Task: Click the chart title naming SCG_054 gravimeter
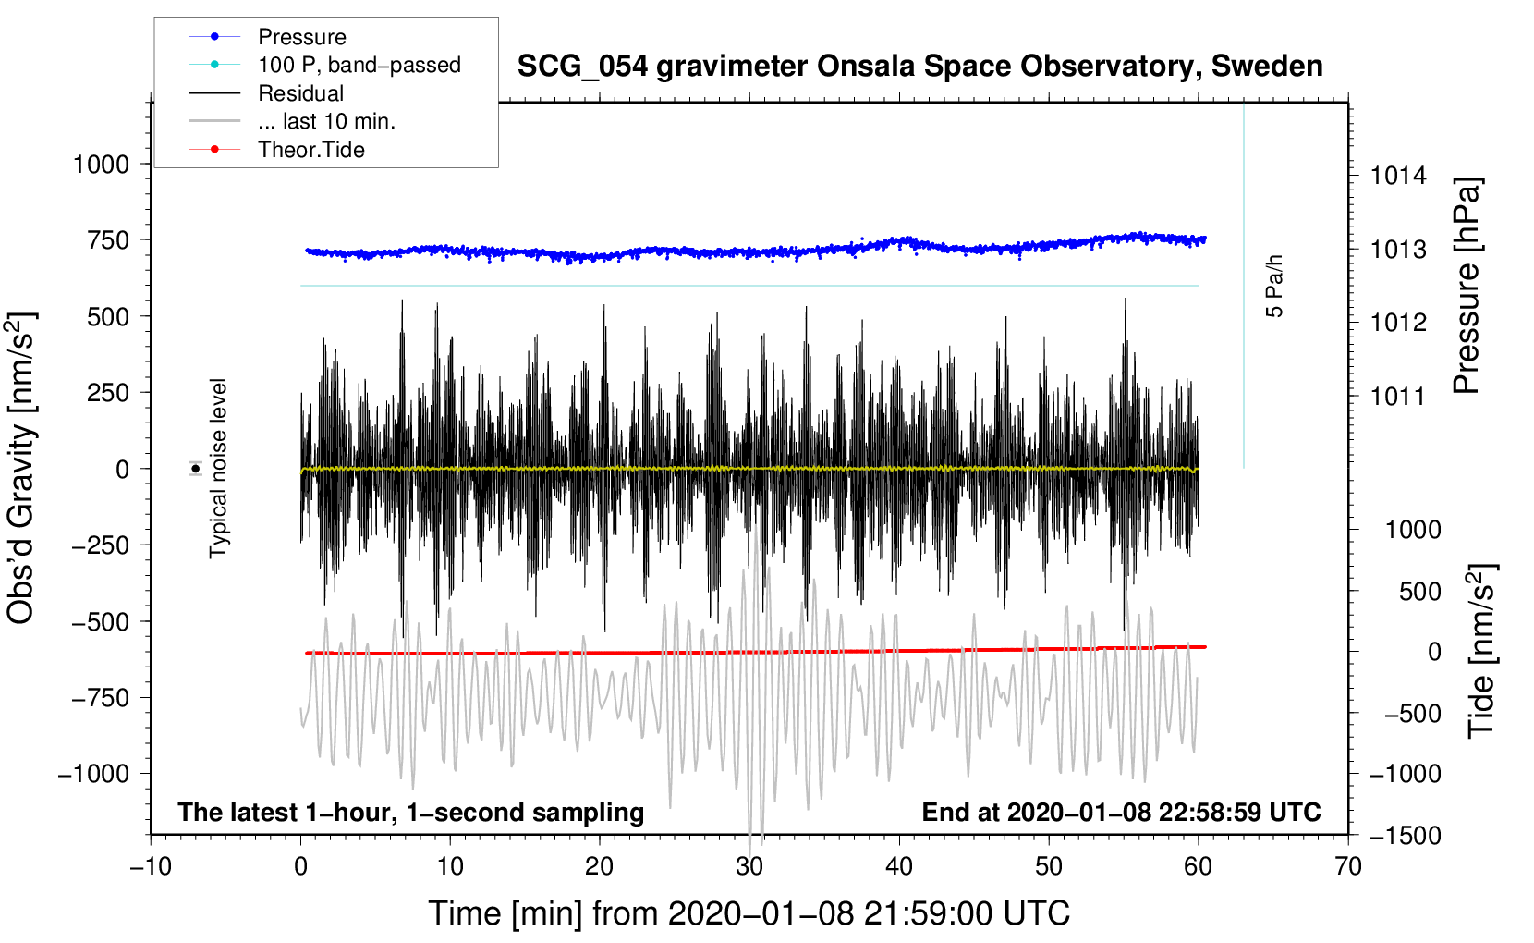point(919,67)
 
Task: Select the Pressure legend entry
point(302,37)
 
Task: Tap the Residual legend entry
point(300,93)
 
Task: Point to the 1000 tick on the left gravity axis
point(102,165)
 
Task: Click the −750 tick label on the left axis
point(101,698)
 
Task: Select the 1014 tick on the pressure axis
point(1398,177)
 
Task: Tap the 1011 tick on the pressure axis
point(1398,396)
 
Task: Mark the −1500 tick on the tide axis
point(1406,836)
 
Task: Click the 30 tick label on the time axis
point(749,867)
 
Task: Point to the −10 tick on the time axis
point(152,867)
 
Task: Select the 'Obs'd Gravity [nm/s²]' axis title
point(21,468)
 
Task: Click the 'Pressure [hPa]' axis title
point(1467,286)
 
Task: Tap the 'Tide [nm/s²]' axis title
point(1481,651)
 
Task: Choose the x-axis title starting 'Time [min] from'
point(749,914)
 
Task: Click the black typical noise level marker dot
point(196,469)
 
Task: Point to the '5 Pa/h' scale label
point(1273,286)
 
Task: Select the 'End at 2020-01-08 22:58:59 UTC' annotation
point(1121,812)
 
